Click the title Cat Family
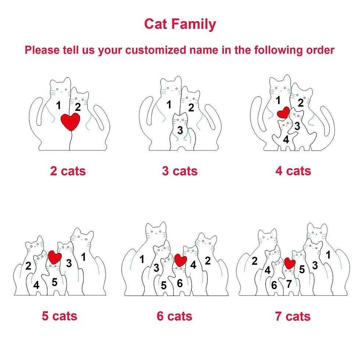point(180,24)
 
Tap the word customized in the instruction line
point(156,50)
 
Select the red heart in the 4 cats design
point(283,112)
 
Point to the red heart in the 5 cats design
point(55,257)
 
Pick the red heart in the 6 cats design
point(181,260)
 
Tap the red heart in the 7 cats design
point(290,263)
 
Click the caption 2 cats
point(68,171)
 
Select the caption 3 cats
point(180,171)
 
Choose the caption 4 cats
point(293,171)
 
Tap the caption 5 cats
point(60,316)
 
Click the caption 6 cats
point(174,316)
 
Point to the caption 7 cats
point(293,316)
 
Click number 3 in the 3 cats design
point(180,130)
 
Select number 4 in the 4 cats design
point(286,139)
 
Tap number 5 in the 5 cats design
point(54,282)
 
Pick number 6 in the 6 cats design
point(180,284)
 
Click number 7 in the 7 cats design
point(289,284)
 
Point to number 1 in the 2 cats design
point(58,106)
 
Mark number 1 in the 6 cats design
point(142,259)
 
